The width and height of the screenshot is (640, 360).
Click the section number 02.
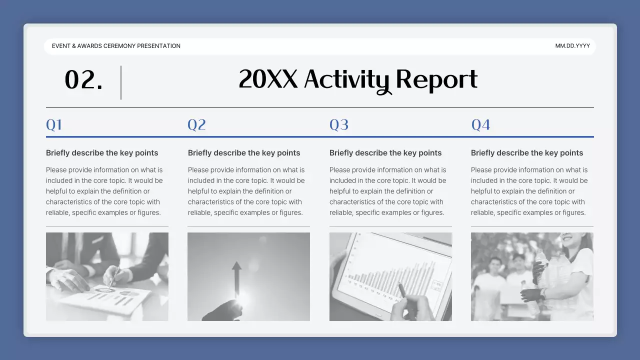point(83,80)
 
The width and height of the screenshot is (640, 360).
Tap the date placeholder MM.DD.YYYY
point(572,46)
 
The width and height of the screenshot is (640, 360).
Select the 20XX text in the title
point(268,79)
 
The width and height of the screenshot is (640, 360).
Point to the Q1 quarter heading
point(54,124)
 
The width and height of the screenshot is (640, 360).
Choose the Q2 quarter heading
point(196,124)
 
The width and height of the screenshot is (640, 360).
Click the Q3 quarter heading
point(339,124)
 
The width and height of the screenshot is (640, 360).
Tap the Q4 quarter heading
point(481,124)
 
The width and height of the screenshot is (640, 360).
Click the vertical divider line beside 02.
point(121,82)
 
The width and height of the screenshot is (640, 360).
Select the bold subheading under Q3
point(385,153)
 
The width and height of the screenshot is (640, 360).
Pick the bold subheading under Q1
point(102,153)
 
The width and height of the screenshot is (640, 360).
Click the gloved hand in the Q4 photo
point(531,294)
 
